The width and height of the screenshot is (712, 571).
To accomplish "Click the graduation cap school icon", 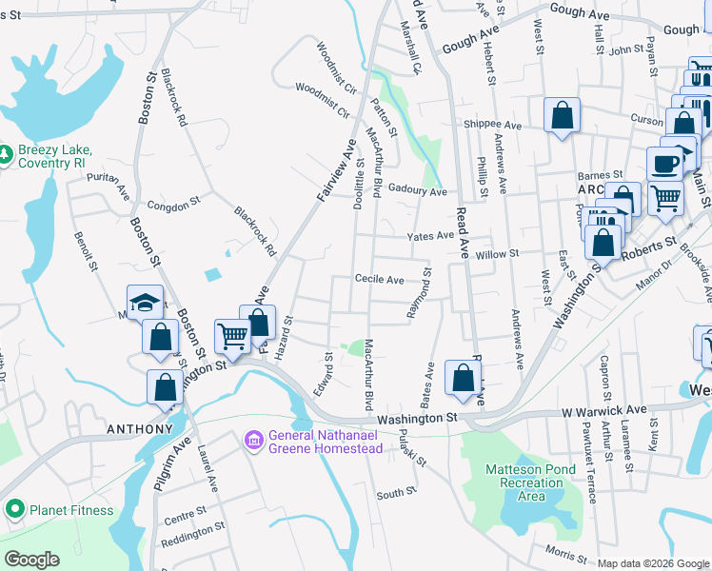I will [145, 304].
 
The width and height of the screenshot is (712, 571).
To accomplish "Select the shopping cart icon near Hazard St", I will [232, 334].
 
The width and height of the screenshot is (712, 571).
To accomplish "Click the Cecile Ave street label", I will [380, 280].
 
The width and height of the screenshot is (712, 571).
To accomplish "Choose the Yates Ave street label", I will [430, 236].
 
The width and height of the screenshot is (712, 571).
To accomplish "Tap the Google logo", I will [31, 560].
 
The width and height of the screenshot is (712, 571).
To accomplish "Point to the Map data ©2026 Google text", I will [652, 563].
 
